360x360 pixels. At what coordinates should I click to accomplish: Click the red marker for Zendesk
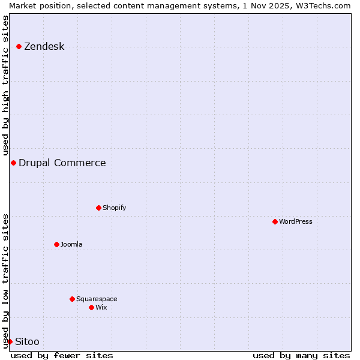[x=19, y=46]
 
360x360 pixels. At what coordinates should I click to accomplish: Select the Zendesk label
[x=44, y=46]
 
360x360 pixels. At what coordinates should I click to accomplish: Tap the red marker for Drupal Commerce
[x=13, y=163]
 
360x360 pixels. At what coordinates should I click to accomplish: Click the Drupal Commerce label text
[x=62, y=163]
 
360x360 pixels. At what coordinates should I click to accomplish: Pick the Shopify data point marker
[x=98, y=208]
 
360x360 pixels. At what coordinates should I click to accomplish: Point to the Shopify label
[x=114, y=208]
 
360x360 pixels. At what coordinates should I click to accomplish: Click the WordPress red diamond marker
[x=275, y=221]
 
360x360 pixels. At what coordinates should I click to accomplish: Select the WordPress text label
[x=295, y=221]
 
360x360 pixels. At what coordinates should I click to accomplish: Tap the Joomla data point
[x=56, y=244]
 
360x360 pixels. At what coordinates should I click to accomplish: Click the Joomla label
[x=71, y=244]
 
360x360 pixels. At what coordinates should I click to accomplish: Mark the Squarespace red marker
[x=72, y=299]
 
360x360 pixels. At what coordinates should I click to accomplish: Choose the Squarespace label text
[x=97, y=299]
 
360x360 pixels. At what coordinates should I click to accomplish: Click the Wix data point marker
[x=91, y=307]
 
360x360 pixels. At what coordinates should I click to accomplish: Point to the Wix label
[x=101, y=307]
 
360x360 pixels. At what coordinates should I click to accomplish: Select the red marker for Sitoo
[x=10, y=341]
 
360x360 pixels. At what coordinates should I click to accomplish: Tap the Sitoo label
[x=27, y=341]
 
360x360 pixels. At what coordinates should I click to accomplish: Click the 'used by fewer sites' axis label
[x=62, y=355]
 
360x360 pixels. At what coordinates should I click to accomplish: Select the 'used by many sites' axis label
[x=301, y=355]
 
